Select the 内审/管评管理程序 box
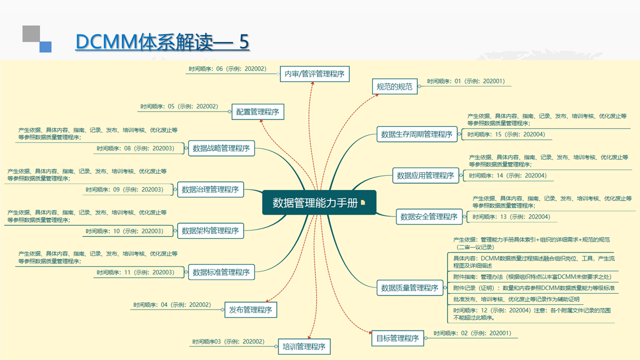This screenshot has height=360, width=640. point(314,74)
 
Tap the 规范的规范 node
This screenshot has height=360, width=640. point(394,86)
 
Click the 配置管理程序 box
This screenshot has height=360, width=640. point(257,111)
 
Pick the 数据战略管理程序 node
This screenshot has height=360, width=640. point(221,148)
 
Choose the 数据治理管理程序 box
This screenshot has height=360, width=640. point(210,189)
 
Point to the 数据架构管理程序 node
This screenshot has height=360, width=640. point(210,230)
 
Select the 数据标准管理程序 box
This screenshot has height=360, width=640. point(221,272)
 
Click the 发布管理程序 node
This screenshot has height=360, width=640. point(250,310)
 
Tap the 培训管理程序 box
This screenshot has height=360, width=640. point(304,346)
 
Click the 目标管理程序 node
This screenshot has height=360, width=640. point(397,338)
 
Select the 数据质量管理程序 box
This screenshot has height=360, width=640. point(409,288)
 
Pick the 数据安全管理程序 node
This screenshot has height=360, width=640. point(429,217)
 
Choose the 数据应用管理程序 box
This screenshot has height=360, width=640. point(425,175)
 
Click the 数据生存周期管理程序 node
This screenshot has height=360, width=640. point(416,134)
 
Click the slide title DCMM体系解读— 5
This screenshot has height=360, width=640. point(162,42)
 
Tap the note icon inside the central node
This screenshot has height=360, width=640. point(363,203)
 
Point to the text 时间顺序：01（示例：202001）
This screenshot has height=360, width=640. point(466,81)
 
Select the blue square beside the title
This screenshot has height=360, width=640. point(45,46)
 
